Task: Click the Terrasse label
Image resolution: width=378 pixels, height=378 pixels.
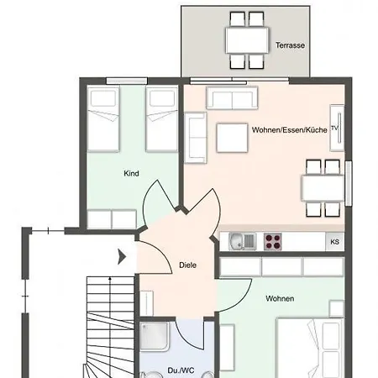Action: pos(290,45)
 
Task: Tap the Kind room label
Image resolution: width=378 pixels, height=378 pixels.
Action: pos(131,173)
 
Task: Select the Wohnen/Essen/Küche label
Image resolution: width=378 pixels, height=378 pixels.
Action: pos(290,130)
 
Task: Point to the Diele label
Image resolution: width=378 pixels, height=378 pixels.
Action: pos(187,265)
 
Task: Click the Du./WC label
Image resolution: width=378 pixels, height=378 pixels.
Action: pos(181,370)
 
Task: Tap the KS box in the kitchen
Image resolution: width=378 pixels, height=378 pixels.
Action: pos(335,242)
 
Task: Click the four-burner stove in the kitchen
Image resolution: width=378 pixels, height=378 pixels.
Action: pos(273,242)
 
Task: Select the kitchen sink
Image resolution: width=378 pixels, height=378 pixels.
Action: pos(242,241)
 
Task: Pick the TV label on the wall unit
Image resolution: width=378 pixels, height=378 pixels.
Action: pos(334,128)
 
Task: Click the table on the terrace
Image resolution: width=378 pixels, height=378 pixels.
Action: pos(247,40)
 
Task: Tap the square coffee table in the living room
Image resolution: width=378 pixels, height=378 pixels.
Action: pos(232,138)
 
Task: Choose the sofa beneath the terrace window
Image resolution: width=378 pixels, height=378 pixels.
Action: pos(232,97)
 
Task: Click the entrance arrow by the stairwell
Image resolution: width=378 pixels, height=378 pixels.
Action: pos(122,257)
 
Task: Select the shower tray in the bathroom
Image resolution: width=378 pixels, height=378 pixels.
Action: pos(155,337)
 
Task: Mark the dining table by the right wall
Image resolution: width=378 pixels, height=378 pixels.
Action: pos(323,188)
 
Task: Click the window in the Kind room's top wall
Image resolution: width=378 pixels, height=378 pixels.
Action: pos(127,81)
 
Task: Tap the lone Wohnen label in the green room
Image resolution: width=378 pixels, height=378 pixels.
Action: pos(280,298)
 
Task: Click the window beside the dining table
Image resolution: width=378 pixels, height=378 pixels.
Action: pos(348,183)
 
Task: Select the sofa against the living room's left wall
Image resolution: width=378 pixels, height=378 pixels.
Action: pos(196,138)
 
